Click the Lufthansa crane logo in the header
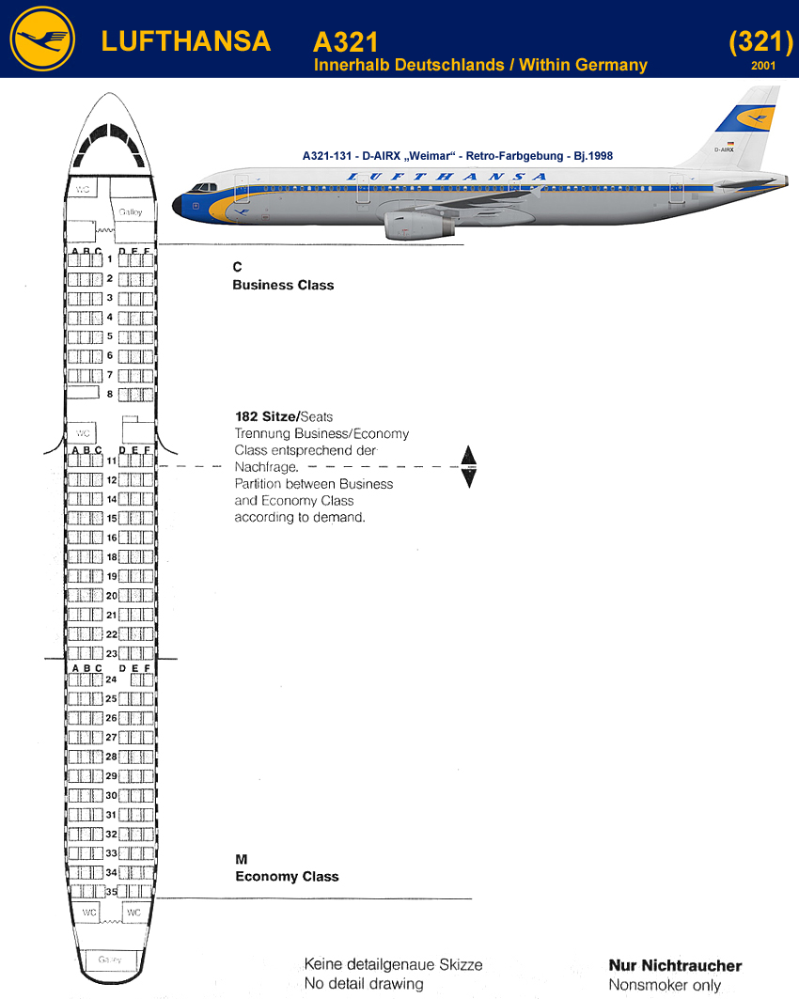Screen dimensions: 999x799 [x=42, y=39]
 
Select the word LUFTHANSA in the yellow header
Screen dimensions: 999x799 [x=185, y=41]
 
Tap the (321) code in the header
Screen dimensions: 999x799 [x=760, y=41]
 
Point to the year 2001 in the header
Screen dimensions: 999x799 [x=764, y=66]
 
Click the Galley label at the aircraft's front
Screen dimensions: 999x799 [x=130, y=213]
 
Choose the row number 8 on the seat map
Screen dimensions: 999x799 [x=110, y=395]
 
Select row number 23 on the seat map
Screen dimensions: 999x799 [x=110, y=654]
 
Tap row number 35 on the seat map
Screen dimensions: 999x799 [x=110, y=892]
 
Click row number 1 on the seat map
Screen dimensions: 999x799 [x=110, y=259]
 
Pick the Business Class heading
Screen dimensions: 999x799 [x=283, y=285]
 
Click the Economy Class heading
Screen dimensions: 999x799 [x=287, y=877]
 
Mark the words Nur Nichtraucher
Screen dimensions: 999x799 [x=675, y=966]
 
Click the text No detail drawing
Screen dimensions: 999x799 [x=364, y=984]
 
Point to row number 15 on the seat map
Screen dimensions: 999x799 [x=111, y=519]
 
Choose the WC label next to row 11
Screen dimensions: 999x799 [x=83, y=433]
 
